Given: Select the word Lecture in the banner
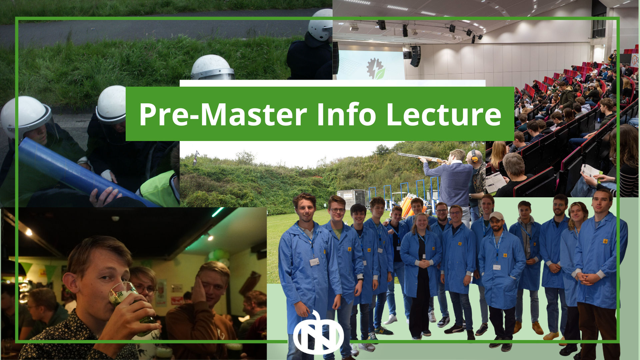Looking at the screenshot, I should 443,114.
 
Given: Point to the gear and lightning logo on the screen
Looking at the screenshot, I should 375,68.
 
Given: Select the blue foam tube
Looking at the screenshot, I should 73,170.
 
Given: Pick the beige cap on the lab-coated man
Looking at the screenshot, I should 496,215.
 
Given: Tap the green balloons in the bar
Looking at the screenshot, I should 218,255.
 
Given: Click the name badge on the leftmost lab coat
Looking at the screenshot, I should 314,262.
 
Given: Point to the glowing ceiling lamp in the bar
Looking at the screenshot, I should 29,232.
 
